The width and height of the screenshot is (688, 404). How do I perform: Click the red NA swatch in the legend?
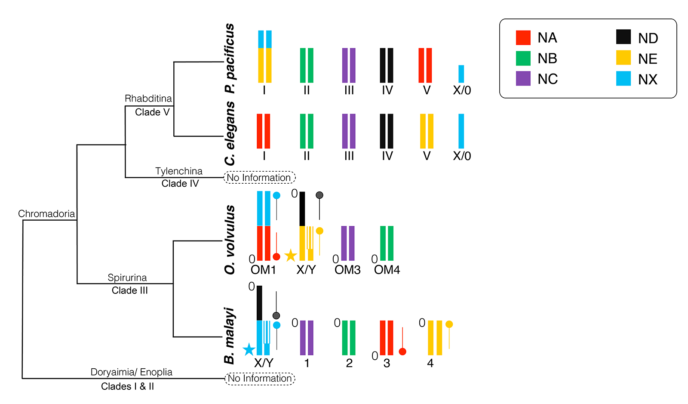(x=523, y=38)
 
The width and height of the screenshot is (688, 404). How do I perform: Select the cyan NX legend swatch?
(x=623, y=79)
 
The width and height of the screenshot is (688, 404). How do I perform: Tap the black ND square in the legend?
(x=623, y=37)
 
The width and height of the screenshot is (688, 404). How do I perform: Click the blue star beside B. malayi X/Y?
(x=249, y=350)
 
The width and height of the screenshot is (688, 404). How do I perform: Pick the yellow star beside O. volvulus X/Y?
(x=291, y=256)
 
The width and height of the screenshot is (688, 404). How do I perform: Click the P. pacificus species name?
(x=230, y=59)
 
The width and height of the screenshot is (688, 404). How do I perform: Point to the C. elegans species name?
(x=230, y=133)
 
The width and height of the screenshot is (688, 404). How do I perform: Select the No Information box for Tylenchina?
(x=259, y=177)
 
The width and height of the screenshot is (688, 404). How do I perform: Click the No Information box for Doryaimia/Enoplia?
(x=260, y=379)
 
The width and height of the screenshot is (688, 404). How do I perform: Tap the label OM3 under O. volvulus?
(x=347, y=270)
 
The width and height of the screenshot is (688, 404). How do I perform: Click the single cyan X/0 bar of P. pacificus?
(x=461, y=74)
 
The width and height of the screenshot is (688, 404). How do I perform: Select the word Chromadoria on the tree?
(x=46, y=214)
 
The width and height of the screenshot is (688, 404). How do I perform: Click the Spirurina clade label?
(x=127, y=278)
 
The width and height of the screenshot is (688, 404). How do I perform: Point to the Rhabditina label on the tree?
(x=148, y=99)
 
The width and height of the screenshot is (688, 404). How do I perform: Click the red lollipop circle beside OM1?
(x=276, y=257)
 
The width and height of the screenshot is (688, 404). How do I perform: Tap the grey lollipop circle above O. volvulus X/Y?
(x=319, y=195)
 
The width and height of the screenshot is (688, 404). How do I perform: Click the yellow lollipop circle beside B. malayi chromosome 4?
(x=449, y=324)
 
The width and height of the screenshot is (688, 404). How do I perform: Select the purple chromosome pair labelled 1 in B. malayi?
(x=307, y=338)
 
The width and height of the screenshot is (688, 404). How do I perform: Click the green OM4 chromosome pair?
(x=387, y=244)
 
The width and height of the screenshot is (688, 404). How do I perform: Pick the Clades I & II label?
(x=127, y=386)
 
